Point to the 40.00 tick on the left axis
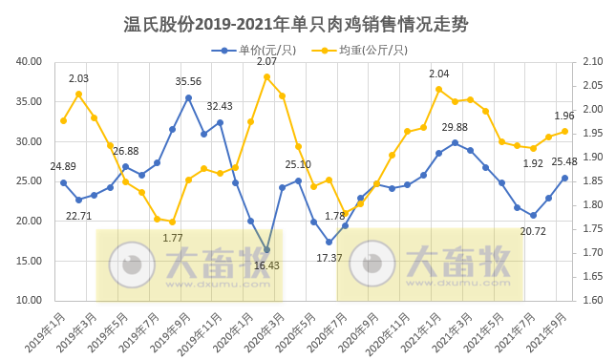(x=30, y=62)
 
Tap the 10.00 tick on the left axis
(x=30, y=300)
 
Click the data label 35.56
(x=188, y=82)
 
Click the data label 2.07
(x=266, y=62)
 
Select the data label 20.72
(x=533, y=231)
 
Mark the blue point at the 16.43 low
(x=266, y=249)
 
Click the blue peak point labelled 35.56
(x=188, y=97)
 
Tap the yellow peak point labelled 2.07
(x=266, y=76)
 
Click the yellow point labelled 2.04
(x=438, y=89)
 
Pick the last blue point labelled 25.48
(x=564, y=178)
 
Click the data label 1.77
(x=173, y=238)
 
